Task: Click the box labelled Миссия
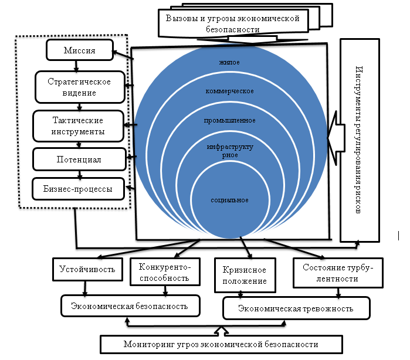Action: [79, 51]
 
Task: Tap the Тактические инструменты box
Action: [80, 125]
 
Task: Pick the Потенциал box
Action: [80, 159]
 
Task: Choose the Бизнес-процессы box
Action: [79, 189]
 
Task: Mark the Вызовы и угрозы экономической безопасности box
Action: [233, 23]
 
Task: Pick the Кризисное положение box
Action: [245, 276]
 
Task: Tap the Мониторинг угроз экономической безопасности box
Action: [220, 345]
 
